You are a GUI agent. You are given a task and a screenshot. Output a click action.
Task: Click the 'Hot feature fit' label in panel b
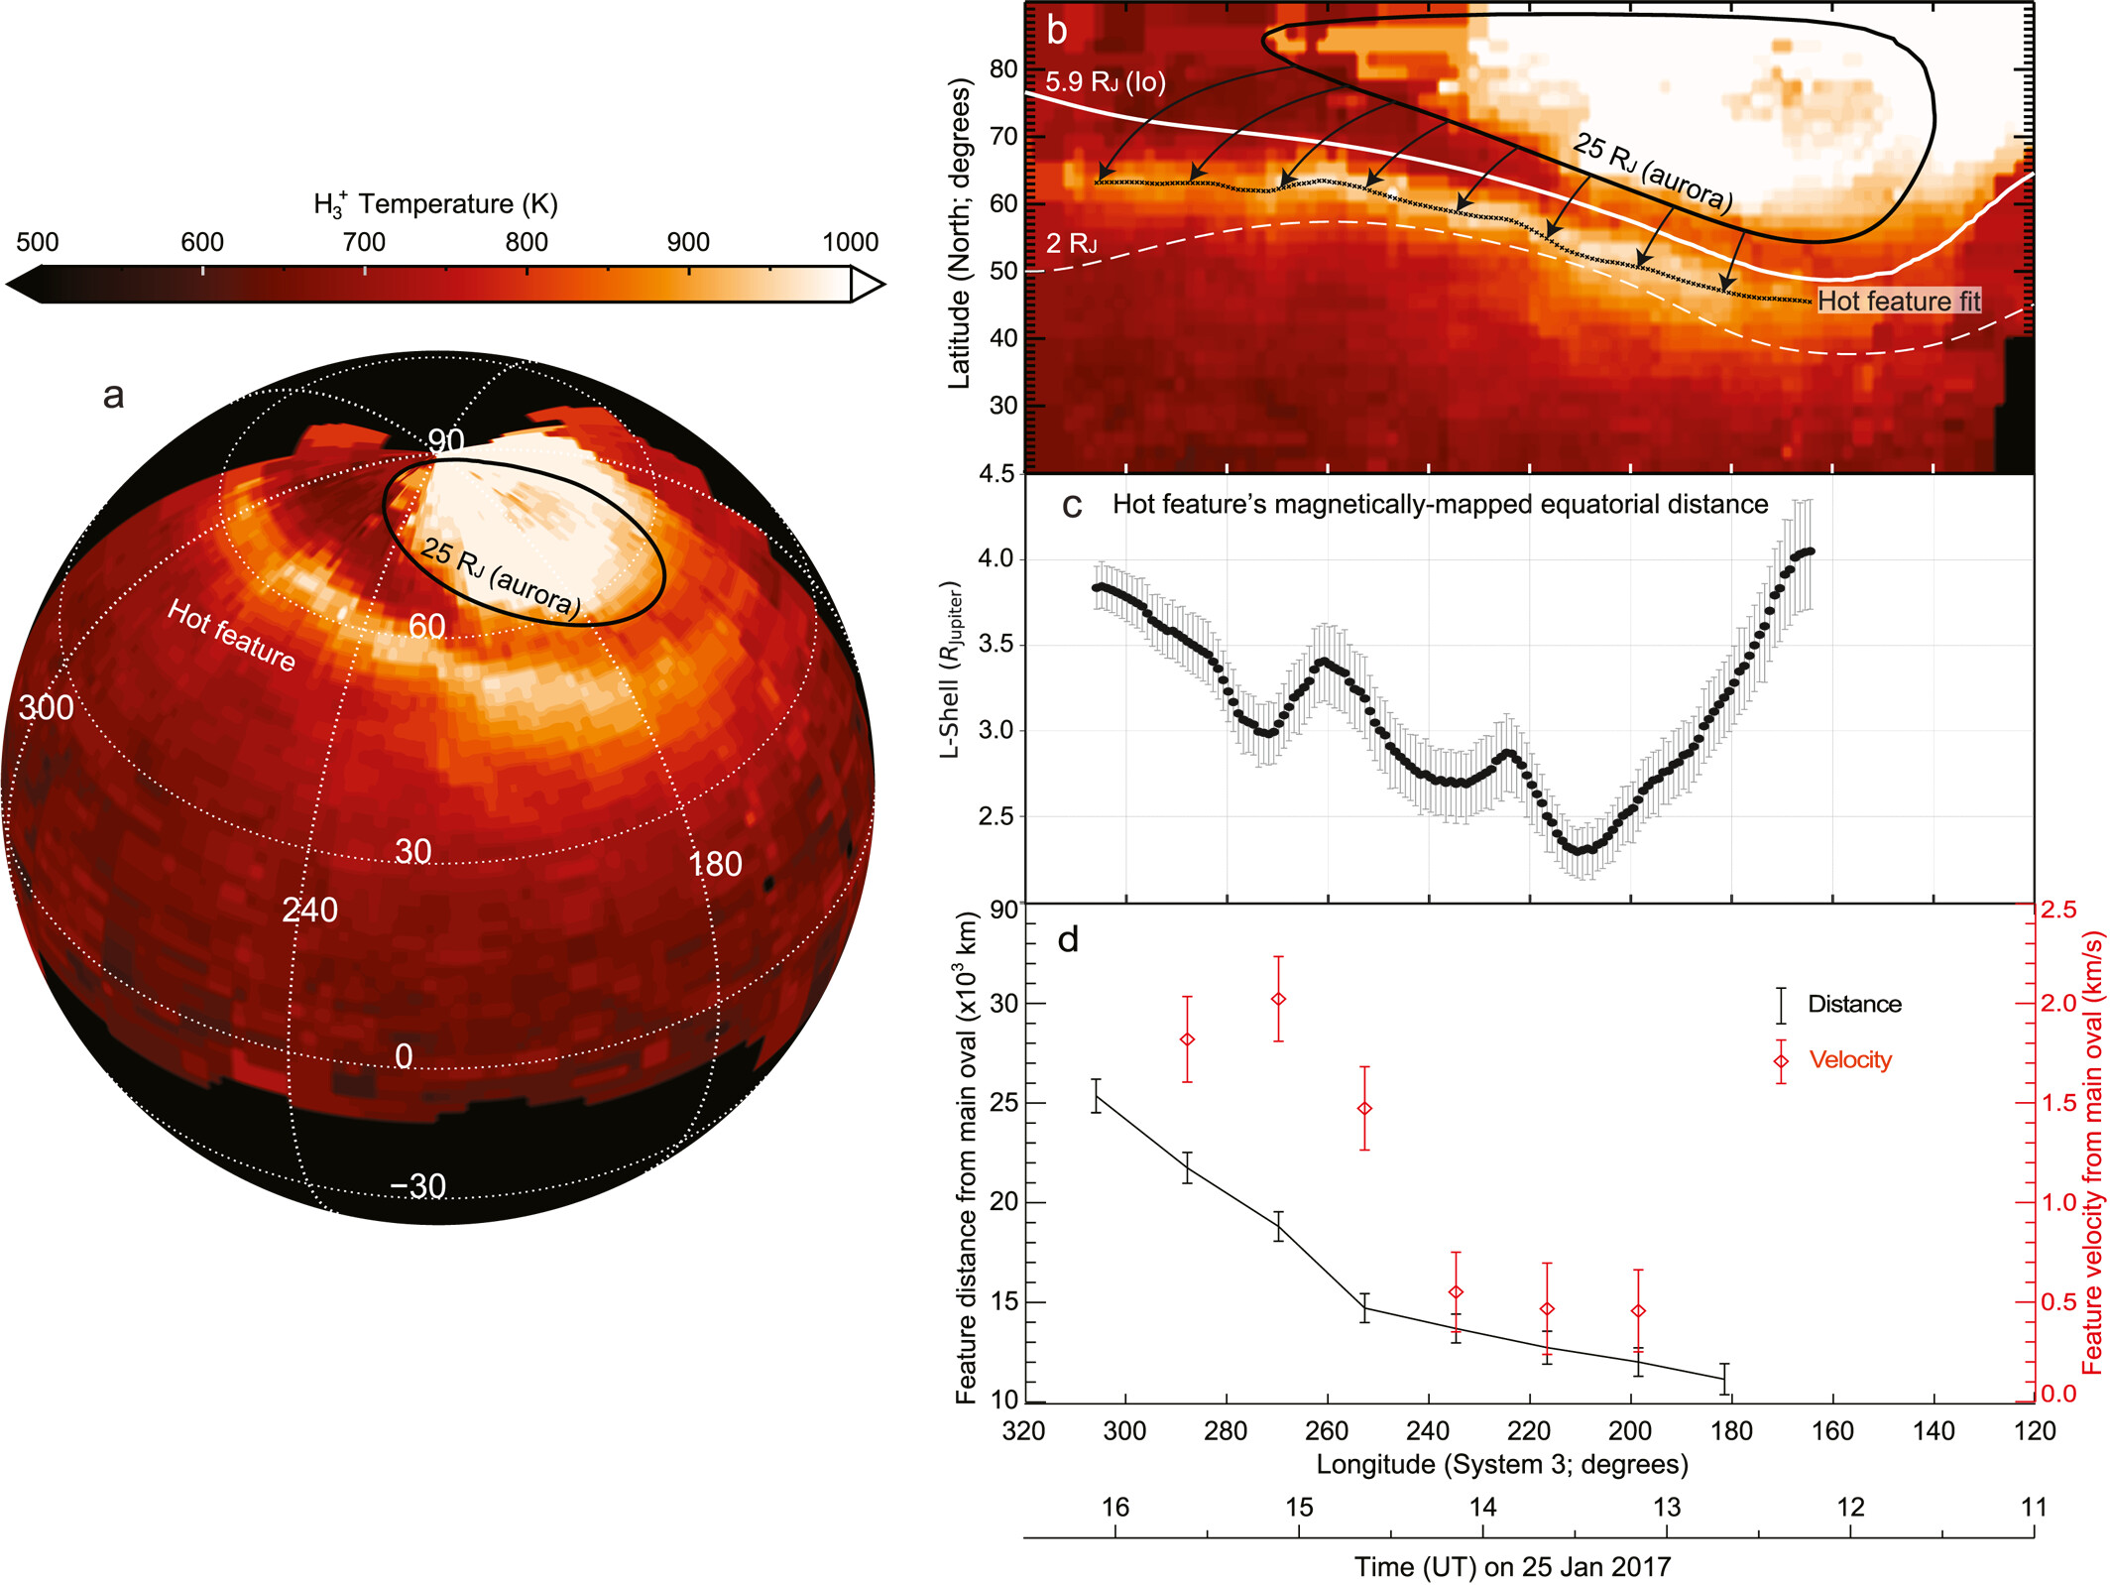(1898, 301)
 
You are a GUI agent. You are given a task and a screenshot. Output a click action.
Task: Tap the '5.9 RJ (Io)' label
(1105, 82)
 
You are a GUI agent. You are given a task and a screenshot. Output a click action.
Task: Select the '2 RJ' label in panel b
(1071, 243)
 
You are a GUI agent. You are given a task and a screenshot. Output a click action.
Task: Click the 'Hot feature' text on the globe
(231, 635)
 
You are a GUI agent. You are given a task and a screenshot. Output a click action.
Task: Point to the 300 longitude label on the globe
(46, 707)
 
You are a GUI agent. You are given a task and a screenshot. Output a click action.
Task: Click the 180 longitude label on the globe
(715, 864)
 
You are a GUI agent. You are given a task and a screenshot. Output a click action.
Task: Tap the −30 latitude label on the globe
(417, 1185)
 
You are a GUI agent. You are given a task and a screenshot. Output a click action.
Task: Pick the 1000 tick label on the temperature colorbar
(850, 242)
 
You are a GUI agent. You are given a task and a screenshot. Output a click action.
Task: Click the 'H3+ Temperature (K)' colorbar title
(435, 204)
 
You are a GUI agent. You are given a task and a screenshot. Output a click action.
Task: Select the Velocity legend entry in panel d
(1849, 1059)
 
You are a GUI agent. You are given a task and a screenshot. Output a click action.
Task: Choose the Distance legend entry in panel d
(1853, 1004)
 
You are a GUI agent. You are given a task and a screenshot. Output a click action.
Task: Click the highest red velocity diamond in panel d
(1278, 999)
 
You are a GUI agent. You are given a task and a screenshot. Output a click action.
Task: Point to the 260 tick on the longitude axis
(1327, 1430)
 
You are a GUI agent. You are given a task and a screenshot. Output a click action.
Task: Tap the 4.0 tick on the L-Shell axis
(996, 558)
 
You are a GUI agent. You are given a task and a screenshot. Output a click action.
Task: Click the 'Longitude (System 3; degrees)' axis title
(1501, 1464)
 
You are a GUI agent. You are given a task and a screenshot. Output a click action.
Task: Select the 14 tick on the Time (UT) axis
(1482, 1507)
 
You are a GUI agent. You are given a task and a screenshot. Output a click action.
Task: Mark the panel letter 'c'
(1071, 505)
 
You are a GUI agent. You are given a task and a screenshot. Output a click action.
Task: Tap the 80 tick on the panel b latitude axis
(1003, 68)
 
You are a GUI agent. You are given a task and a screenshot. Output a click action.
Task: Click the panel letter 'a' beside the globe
(114, 395)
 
